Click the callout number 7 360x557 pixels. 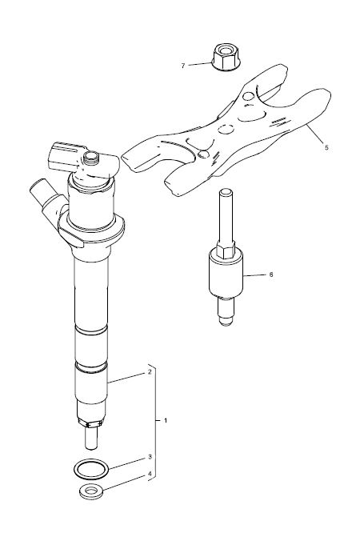tap(183, 66)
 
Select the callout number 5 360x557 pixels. tap(326, 147)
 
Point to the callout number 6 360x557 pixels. tap(271, 274)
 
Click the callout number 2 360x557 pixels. tap(150, 372)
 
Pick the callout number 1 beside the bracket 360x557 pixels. tap(166, 420)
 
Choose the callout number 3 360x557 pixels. tap(150, 456)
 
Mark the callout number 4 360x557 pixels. tap(150, 474)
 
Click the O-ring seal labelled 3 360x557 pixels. tap(91, 469)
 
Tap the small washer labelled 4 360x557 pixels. tap(91, 491)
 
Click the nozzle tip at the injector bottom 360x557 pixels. tap(91, 438)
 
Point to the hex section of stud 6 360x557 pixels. tap(226, 249)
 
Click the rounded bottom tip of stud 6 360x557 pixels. tap(226, 321)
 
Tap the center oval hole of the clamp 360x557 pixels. tap(226, 130)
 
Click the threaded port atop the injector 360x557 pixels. tap(91, 158)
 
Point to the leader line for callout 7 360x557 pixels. tap(200, 64)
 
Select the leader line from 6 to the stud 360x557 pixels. tap(254, 275)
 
